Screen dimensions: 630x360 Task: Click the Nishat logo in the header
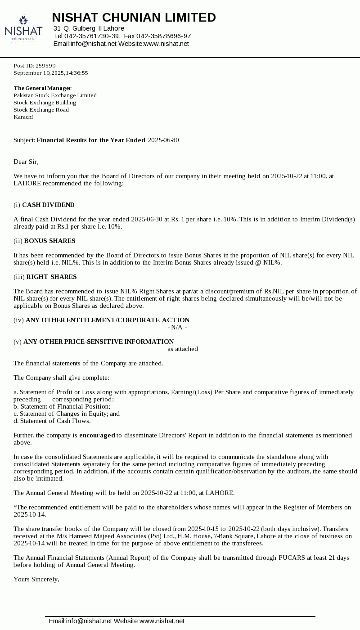pos(23,29)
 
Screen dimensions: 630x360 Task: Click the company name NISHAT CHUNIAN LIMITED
pos(134,18)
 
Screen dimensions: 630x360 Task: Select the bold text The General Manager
pos(42,88)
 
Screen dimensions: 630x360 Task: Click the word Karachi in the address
pos(23,117)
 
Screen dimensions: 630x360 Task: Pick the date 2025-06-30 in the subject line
pos(163,140)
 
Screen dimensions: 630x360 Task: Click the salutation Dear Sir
pos(26,162)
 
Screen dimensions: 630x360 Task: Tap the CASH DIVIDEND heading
pos(48,205)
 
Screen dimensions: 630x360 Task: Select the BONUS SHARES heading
pos(49,241)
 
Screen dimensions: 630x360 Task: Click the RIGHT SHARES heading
pos(51,277)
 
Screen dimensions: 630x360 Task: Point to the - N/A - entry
pos(177,328)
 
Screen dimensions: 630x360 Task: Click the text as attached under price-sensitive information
pos(183,349)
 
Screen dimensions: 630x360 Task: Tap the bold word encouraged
pos(97,436)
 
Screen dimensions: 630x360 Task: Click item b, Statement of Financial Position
pos(62,407)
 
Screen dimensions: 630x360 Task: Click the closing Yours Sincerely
pos(36,580)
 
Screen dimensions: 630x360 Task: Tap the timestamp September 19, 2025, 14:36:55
pos(51,73)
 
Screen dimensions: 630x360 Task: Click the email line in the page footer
pos(117,621)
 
